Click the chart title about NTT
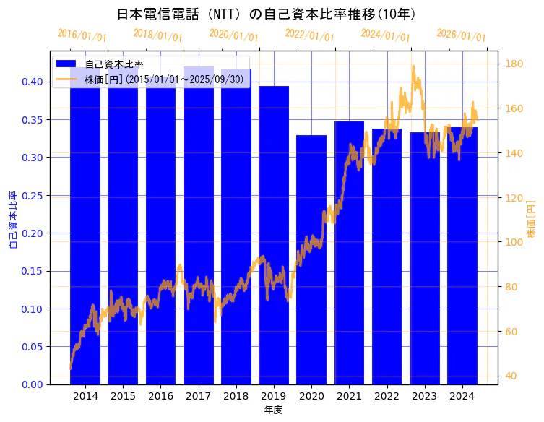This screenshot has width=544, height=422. pos(267,14)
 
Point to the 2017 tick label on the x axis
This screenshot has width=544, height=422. pos(199,396)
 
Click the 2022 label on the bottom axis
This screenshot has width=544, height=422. pos(387,396)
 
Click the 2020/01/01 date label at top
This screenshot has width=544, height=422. pos(233,35)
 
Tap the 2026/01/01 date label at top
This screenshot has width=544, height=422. pos(462,35)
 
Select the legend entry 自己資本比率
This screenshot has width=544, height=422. pos(119,65)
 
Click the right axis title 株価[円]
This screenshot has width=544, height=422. pos(532,220)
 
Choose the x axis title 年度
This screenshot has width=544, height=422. pos(273,410)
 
